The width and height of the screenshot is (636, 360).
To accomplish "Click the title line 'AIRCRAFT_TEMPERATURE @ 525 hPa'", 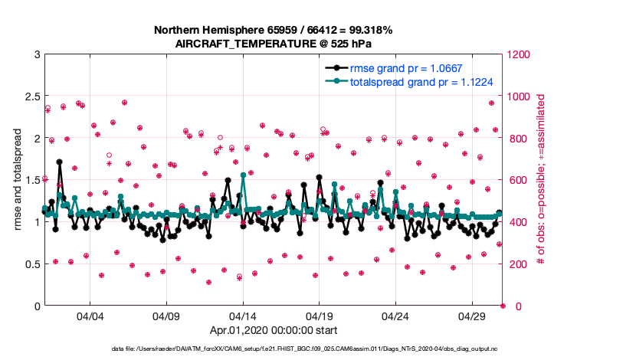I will point(274,44).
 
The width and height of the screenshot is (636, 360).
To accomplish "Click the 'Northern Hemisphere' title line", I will point(274,30).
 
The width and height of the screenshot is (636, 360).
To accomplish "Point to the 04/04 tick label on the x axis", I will point(90,316).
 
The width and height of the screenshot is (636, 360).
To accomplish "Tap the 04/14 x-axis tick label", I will point(243,316).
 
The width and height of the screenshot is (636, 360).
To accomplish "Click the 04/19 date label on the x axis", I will point(320,316).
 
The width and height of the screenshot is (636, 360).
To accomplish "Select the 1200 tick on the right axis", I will point(516,54).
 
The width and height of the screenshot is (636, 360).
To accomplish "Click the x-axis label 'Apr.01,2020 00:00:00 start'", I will point(274,331).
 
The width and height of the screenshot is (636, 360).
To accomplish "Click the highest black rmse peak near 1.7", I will point(59,162).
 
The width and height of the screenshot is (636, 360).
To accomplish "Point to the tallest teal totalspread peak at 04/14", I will point(243,175).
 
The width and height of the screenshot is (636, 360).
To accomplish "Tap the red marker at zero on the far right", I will point(503,306).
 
